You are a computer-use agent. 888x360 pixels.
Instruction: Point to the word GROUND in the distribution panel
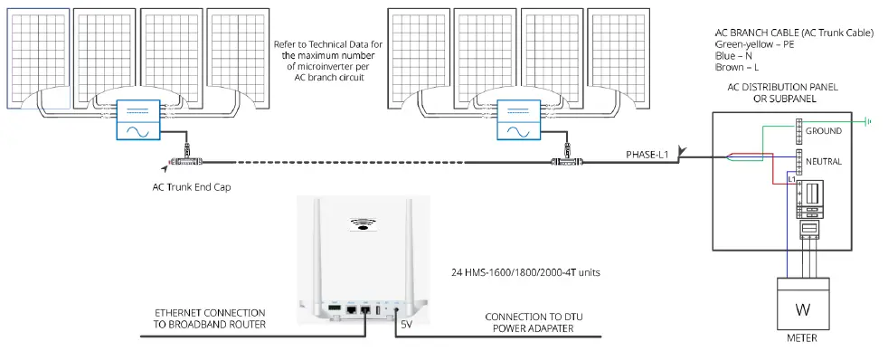tap(823, 131)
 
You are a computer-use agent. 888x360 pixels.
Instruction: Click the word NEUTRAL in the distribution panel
tap(823, 161)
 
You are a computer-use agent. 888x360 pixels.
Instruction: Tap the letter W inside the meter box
tap(802, 309)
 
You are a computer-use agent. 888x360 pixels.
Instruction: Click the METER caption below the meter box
tap(802, 338)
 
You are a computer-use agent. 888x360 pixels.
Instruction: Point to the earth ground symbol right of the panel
tap(869, 120)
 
